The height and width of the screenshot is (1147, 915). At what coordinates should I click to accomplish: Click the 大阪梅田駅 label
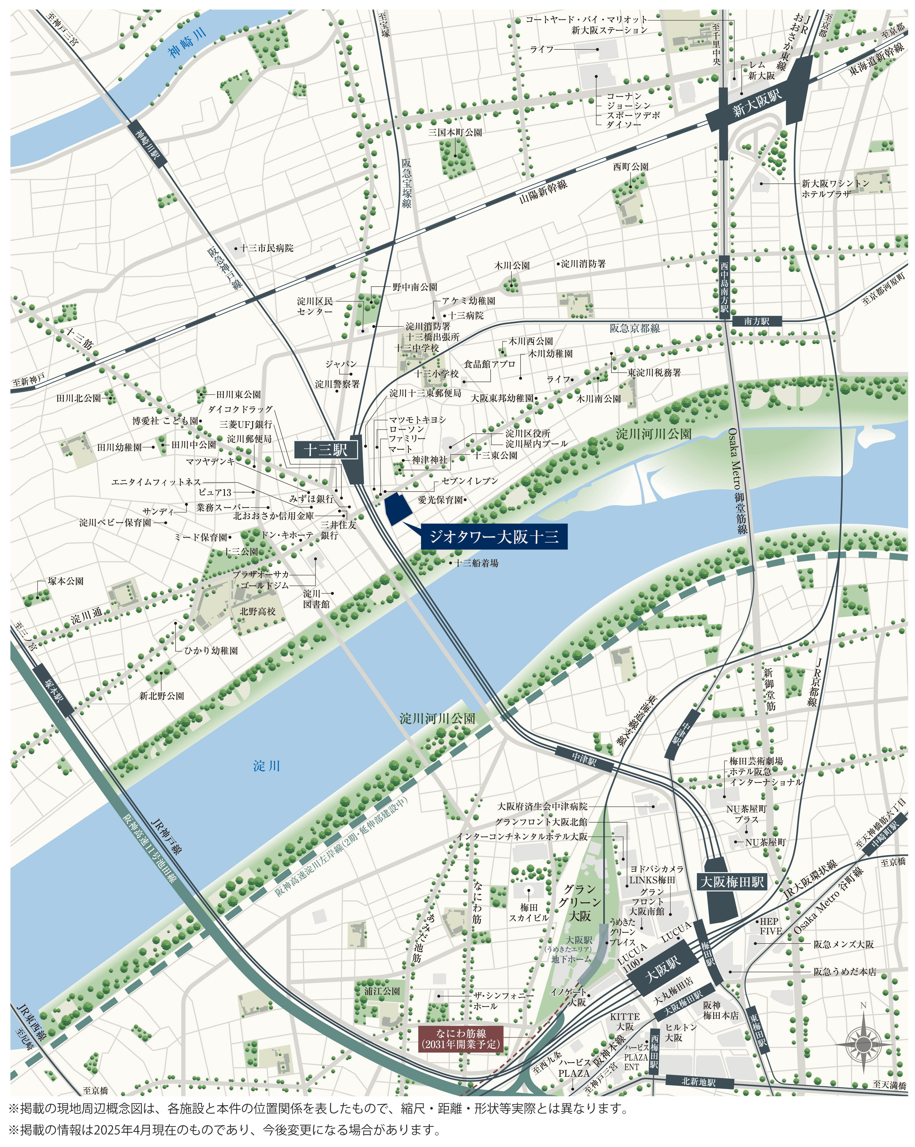pos(732,882)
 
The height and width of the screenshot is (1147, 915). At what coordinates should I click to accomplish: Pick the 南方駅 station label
pos(757,321)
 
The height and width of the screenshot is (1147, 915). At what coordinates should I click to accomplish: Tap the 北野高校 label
pos(257,612)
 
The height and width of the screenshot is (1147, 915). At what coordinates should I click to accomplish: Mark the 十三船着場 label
pos(477,563)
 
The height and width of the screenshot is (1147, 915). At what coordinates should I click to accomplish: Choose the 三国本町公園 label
pos(455,133)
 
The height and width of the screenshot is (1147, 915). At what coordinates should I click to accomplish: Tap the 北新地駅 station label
pos(698,1082)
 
